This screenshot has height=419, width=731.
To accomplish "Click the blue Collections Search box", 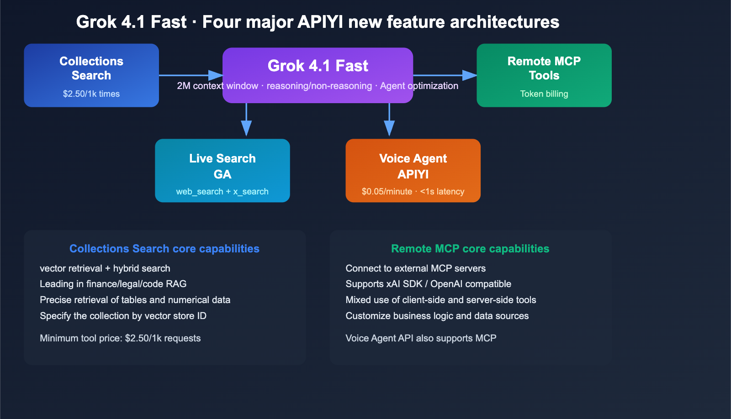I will click(91, 75).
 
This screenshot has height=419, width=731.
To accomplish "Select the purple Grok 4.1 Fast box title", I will click(318, 66).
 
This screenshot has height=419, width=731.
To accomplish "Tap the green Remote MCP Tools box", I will click(544, 75).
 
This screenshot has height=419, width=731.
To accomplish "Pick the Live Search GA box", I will click(222, 170).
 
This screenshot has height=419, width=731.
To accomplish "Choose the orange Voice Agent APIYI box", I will click(413, 170).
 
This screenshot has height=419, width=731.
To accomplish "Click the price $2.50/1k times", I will click(91, 94).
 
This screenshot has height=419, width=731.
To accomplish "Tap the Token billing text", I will click(544, 94).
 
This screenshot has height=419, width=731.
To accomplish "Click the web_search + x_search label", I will click(222, 192).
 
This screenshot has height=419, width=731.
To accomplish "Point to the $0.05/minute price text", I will click(387, 192).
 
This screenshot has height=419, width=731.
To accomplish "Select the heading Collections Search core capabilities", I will click(164, 249).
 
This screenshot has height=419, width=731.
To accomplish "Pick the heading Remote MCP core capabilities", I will click(470, 249).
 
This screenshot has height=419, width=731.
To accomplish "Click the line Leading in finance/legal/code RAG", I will click(113, 284).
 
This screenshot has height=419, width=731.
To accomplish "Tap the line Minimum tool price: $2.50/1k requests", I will click(120, 338).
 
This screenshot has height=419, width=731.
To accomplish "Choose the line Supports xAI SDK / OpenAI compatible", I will click(428, 284).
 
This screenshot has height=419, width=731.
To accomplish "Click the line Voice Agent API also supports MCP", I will click(421, 338).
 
